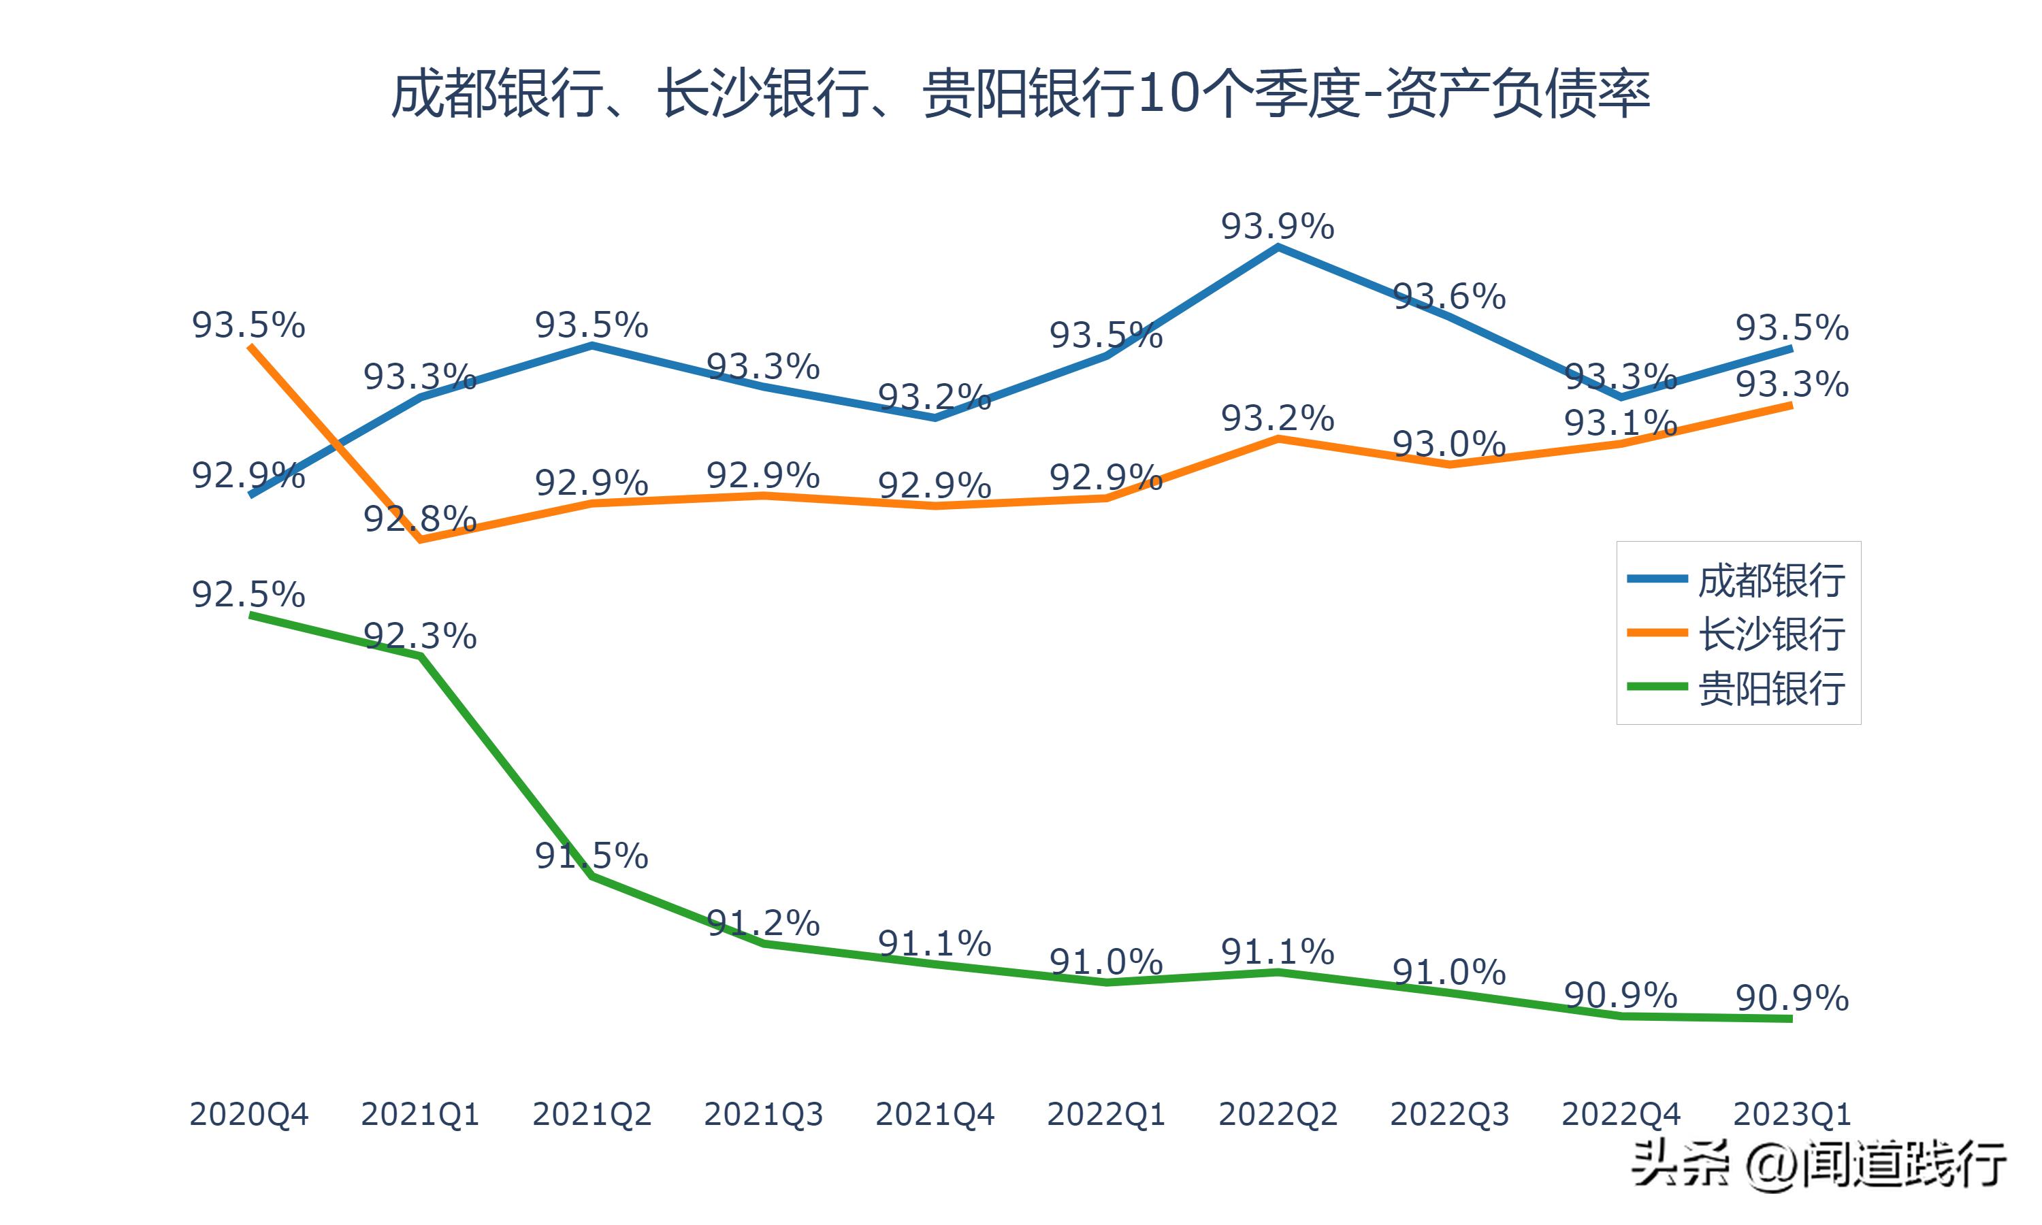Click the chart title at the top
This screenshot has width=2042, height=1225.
(x=1020, y=94)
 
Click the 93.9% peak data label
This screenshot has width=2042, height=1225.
(x=1278, y=226)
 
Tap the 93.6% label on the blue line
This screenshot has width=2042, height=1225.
(x=1449, y=296)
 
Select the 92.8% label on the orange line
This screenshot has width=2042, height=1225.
(x=420, y=519)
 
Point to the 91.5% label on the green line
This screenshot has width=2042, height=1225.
(x=591, y=856)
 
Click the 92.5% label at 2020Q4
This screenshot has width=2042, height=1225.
(x=248, y=594)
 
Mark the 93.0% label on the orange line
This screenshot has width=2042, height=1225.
(x=1449, y=445)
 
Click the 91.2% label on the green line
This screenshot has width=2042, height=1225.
(x=764, y=923)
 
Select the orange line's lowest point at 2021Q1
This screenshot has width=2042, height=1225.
(x=421, y=540)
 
